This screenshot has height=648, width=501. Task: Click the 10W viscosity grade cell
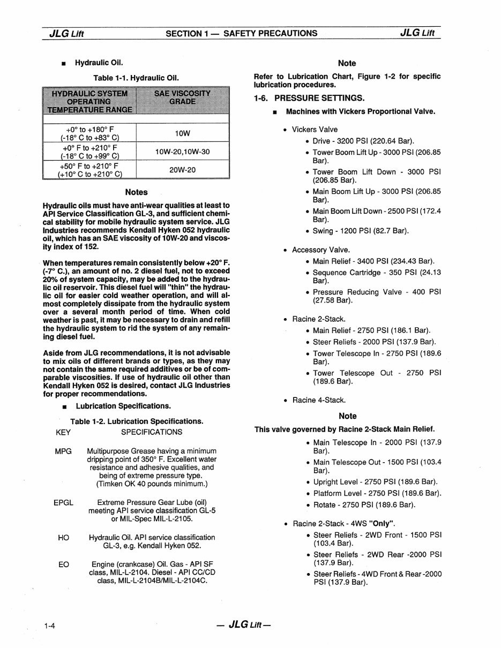(x=183, y=133)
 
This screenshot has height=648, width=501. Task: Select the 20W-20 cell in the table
(x=183, y=169)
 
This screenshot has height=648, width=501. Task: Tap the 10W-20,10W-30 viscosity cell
(x=183, y=152)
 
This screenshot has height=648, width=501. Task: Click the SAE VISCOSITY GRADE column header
(x=182, y=97)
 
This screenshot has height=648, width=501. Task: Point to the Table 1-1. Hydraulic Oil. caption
(x=136, y=78)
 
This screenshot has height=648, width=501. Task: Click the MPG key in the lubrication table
(x=63, y=451)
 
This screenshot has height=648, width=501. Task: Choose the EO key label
(x=63, y=564)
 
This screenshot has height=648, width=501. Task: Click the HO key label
(x=63, y=537)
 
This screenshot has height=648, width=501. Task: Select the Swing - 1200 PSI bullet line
(x=360, y=231)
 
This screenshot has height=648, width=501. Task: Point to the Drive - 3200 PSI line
(x=363, y=141)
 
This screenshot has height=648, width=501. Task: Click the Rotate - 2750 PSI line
(x=364, y=505)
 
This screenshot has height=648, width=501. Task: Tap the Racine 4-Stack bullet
(x=319, y=400)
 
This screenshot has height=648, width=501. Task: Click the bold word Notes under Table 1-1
(x=136, y=192)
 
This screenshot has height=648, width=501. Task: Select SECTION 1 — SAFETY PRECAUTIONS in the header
(x=241, y=33)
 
